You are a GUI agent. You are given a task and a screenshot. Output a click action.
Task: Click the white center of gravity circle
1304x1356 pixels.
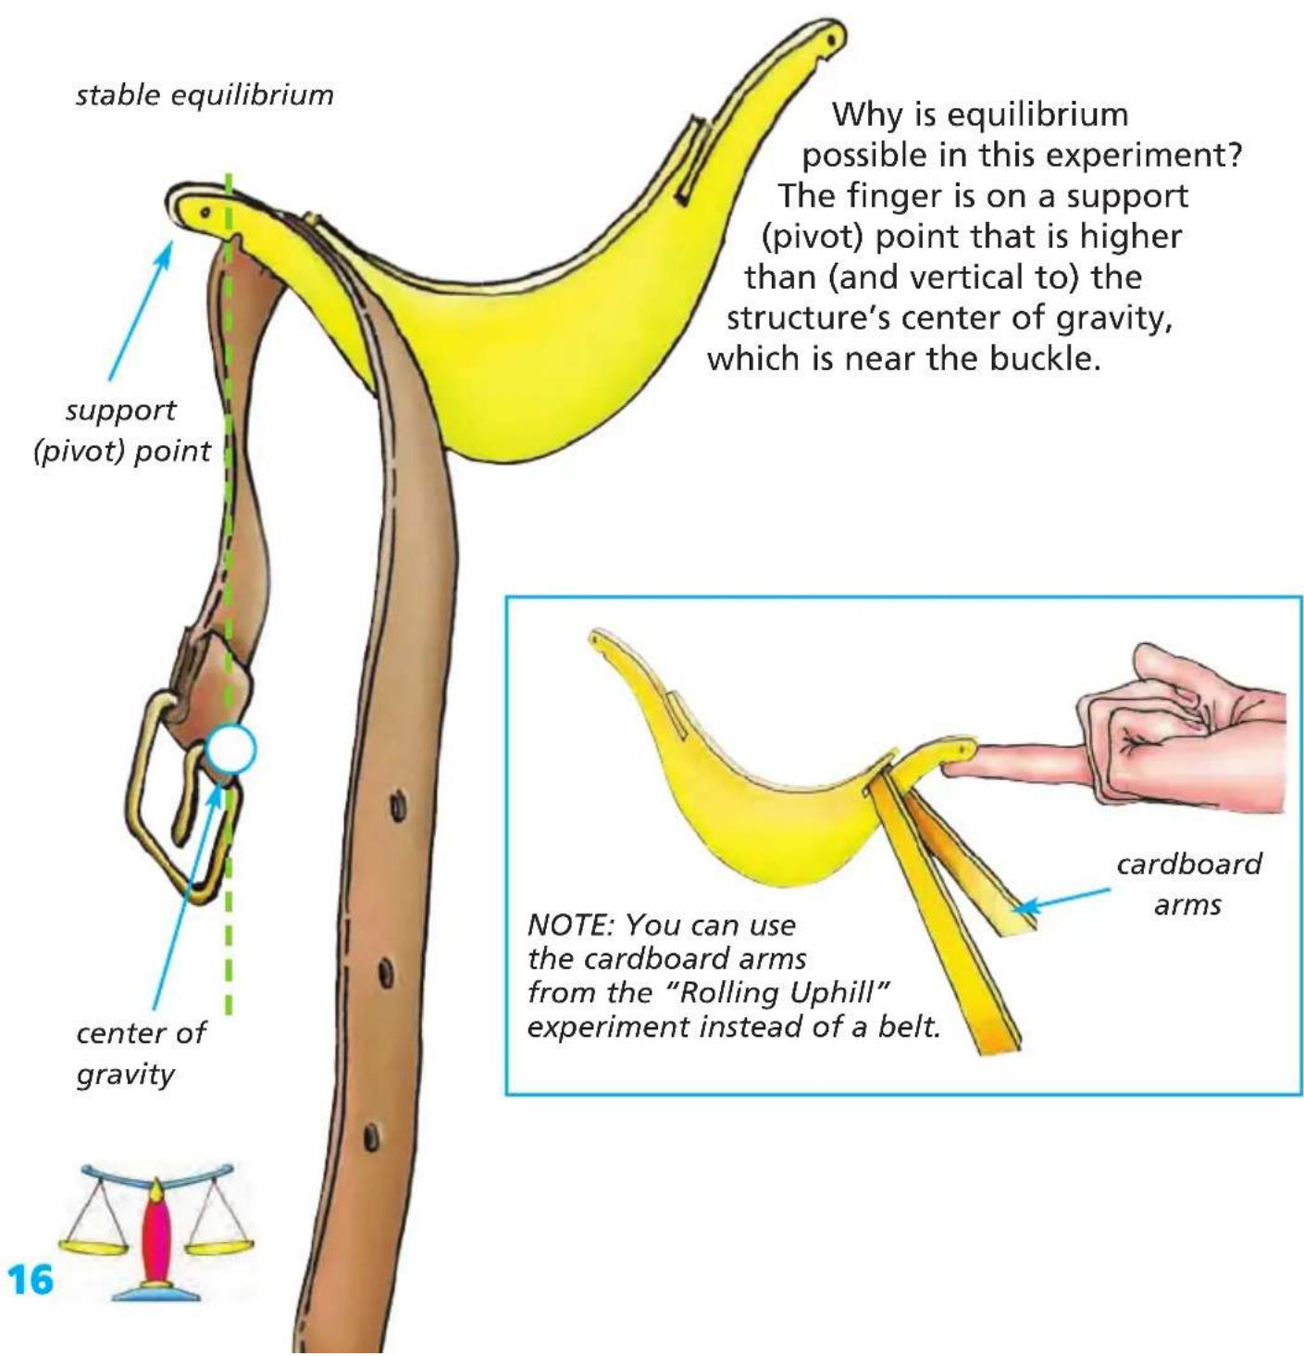231,749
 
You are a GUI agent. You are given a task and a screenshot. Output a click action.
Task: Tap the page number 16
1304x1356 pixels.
30,1279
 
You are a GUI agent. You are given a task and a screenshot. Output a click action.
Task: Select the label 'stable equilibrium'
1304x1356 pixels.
205,95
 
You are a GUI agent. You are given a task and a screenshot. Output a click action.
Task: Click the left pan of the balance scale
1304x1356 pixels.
93,1244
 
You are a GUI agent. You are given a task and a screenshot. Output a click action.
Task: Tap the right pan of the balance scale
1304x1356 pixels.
221,1244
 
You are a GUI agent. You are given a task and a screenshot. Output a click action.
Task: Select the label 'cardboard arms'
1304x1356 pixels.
1189,884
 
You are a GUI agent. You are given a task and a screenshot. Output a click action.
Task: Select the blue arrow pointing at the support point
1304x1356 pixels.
140,309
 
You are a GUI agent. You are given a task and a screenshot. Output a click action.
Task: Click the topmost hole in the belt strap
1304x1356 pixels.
398,808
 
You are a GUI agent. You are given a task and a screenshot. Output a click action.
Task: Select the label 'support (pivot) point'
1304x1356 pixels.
122,429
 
